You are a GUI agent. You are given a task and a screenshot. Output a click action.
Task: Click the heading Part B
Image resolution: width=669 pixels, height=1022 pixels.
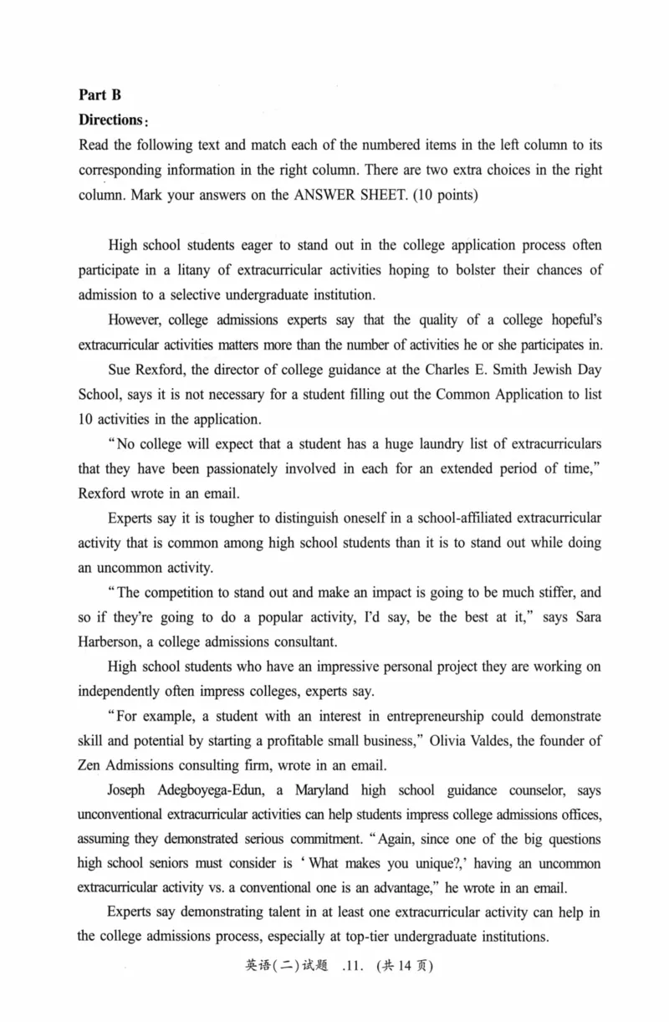pos(100,95)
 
